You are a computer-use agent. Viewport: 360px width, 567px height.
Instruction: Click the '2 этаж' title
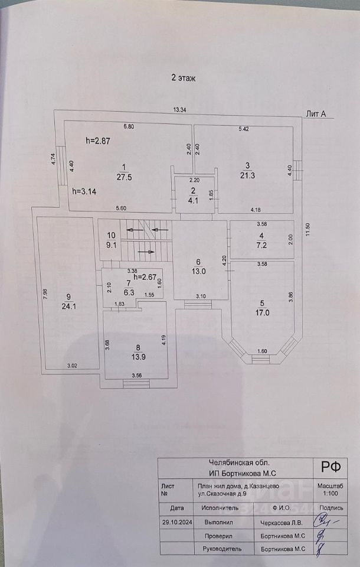tap(183, 77)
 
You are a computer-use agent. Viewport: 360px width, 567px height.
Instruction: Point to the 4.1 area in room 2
tap(193, 199)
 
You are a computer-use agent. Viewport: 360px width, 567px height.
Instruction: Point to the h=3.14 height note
tap(84, 191)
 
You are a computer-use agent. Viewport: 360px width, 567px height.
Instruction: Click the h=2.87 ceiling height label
tap(98, 141)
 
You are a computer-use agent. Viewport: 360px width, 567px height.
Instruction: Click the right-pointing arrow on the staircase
tap(148, 252)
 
